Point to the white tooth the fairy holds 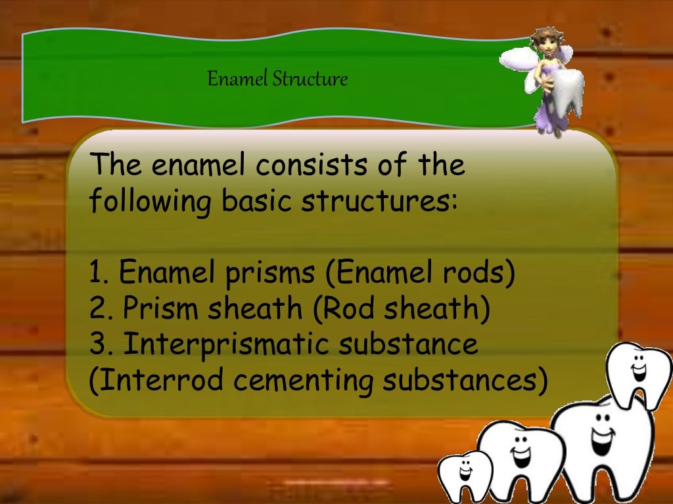[x=567, y=93]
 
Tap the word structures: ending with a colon [x=379, y=201]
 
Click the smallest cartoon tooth [x=465, y=476]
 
